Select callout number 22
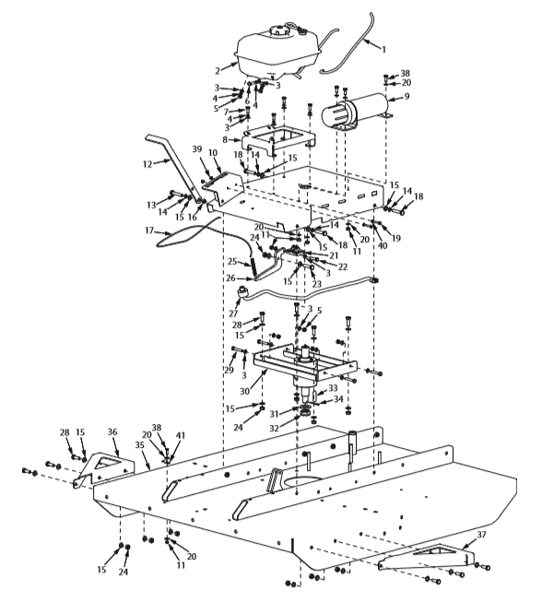pos(341,266)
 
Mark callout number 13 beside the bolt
pos(151,204)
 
